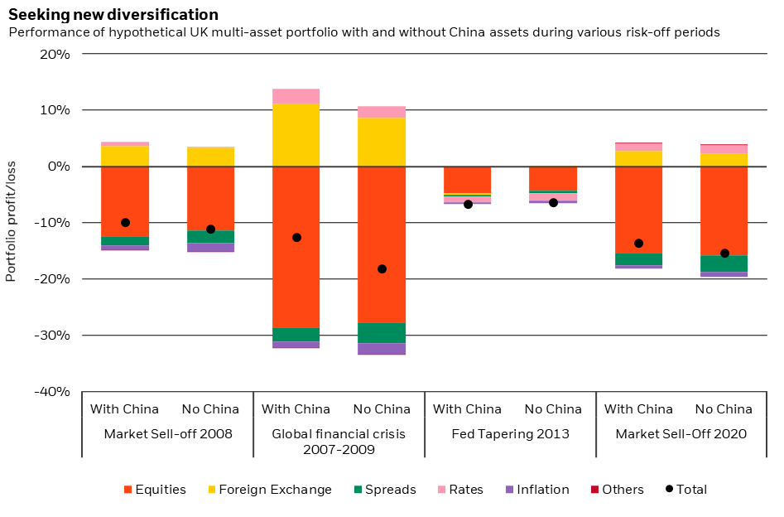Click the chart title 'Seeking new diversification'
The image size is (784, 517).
tap(113, 15)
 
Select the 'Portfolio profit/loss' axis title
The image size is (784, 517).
tap(11, 222)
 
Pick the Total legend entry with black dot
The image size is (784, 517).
tap(686, 490)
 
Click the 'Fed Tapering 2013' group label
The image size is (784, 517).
tap(510, 433)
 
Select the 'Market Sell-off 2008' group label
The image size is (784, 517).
tap(167, 433)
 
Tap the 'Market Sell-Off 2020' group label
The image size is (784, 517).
tap(681, 433)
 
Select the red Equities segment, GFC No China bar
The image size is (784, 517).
tap(382, 244)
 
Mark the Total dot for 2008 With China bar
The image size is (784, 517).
tap(125, 222)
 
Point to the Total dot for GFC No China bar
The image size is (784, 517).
tap(382, 268)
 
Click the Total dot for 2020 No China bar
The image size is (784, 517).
tap(724, 253)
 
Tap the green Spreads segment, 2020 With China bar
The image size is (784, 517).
tap(638, 258)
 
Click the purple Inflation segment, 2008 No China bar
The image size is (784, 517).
tap(210, 247)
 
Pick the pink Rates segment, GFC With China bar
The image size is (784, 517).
tap(296, 96)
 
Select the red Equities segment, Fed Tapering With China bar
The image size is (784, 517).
tap(467, 180)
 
